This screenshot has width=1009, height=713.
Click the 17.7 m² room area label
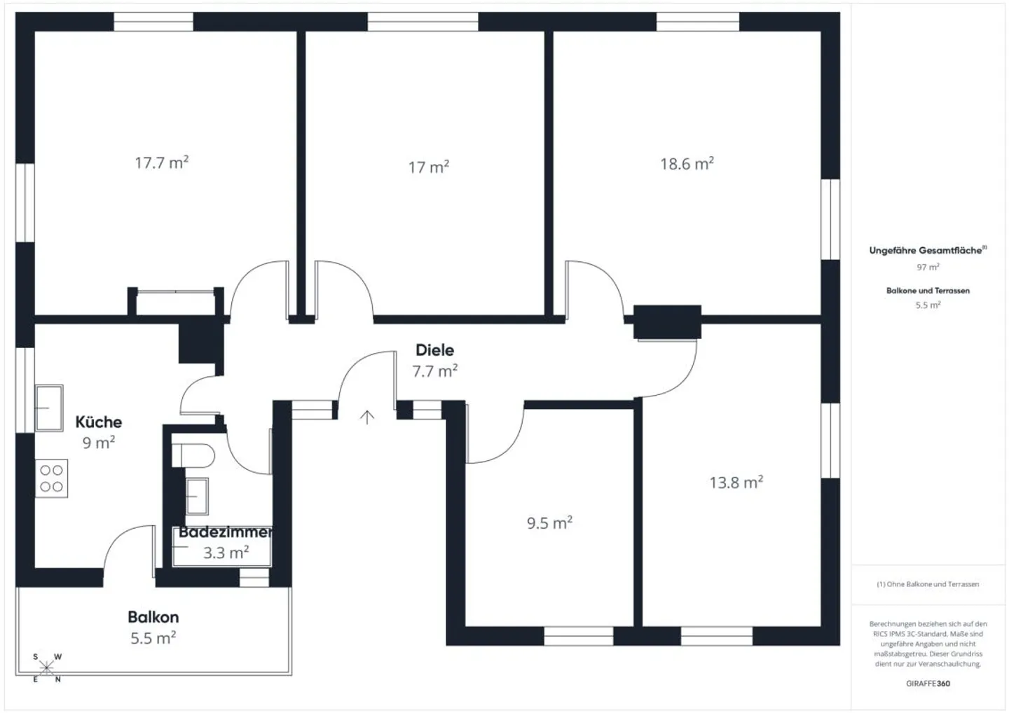[x=161, y=163]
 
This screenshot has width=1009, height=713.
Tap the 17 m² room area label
[x=428, y=167]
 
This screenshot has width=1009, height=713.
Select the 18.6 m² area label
[x=687, y=164]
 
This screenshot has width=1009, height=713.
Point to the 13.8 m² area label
[x=736, y=483]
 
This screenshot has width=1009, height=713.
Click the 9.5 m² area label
[x=549, y=523]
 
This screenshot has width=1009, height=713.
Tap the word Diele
[x=434, y=350]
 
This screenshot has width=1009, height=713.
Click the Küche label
[x=99, y=422]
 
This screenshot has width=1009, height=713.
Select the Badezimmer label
[x=225, y=532]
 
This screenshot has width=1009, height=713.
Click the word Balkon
[x=153, y=617]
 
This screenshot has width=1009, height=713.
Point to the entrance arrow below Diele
[x=367, y=417]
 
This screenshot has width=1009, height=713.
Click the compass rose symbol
[x=46, y=667]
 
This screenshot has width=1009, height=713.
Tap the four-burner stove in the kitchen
[x=51, y=478]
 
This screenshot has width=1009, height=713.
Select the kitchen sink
[x=49, y=408]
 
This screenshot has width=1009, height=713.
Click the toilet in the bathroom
[x=192, y=455]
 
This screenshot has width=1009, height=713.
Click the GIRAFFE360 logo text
[x=928, y=683]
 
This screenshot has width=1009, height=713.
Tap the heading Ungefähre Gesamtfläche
[x=926, y=251]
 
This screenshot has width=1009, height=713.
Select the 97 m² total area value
[x=928, y=268]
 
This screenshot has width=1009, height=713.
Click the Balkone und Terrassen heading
[x=928, y=291]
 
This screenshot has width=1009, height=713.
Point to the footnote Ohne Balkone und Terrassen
[x=928, y=584]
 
